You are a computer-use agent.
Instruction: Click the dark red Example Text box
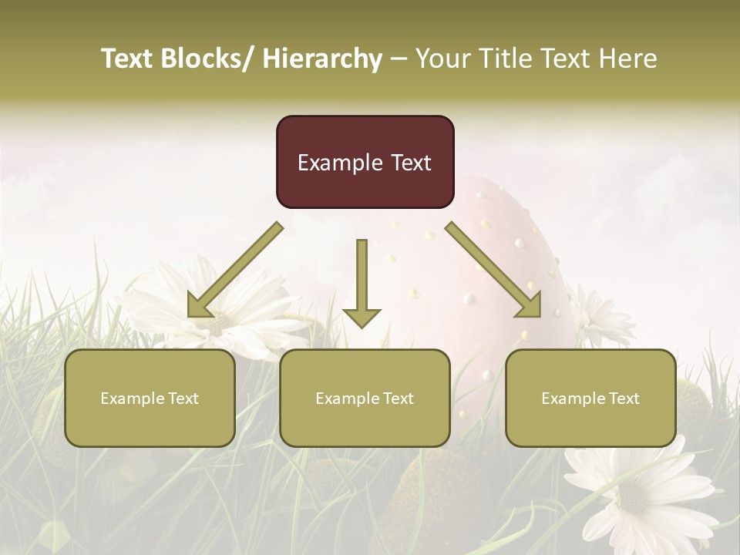coord(365,162)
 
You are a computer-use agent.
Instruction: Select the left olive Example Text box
coord(150,398)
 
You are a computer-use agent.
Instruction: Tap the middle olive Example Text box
coord(365,398)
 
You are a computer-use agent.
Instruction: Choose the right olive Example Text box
coord(590,398)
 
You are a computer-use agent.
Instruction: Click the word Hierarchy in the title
coord(322,59)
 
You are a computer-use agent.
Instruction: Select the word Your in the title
coord(442,59)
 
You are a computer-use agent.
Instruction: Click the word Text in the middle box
coord(397,398)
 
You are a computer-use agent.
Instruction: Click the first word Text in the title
coord(127,59)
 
